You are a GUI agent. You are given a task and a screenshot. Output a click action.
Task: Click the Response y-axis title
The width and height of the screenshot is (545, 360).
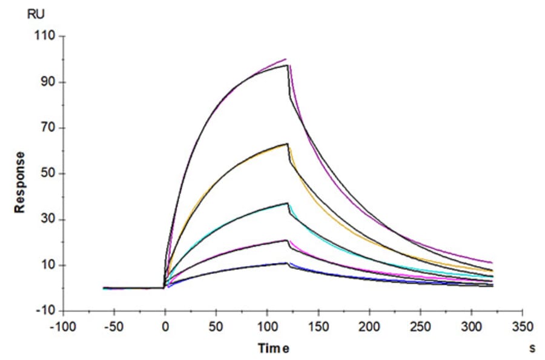pos(20,182)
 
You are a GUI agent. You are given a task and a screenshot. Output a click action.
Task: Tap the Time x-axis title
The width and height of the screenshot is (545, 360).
pos(274,348)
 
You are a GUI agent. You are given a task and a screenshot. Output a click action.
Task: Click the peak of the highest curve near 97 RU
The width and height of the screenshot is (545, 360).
pos(287,65)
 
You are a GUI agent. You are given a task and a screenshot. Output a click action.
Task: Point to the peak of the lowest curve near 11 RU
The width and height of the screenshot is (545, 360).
pos(286,263)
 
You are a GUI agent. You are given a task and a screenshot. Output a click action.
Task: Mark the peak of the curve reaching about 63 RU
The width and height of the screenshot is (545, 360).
pos(287,144)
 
